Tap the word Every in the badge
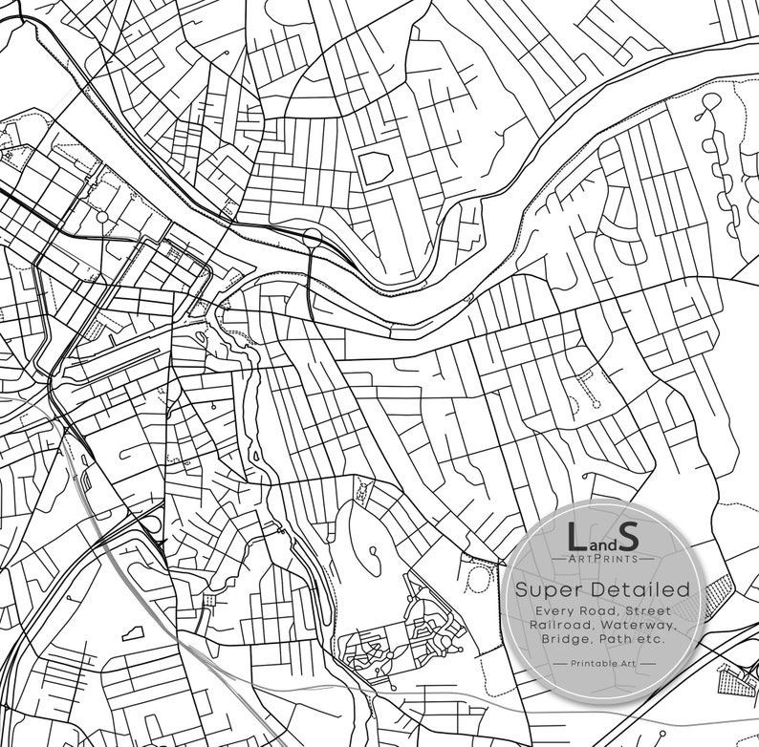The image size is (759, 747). point(556,610)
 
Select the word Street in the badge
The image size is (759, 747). point(651,610)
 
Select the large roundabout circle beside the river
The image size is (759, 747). point(312,236)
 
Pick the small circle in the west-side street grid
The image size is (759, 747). point(102,217)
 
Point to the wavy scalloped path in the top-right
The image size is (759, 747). point(715,153)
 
